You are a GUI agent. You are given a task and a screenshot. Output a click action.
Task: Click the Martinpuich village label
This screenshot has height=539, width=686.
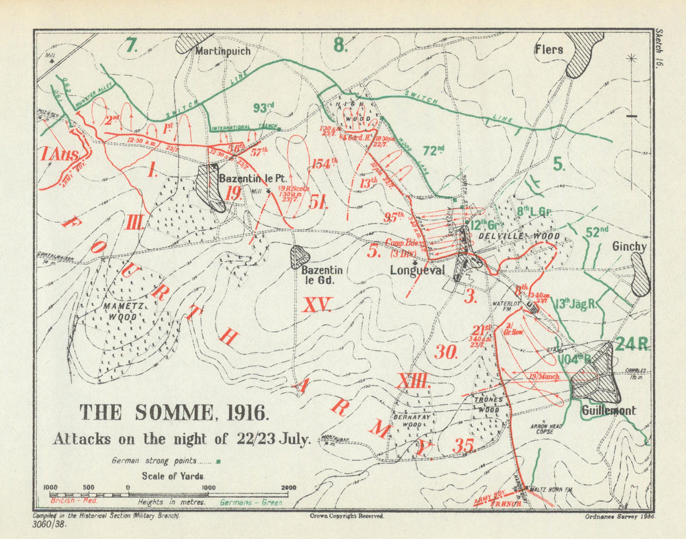tap(222, 51)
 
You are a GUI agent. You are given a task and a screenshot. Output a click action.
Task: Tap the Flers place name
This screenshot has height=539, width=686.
tap(549, 49)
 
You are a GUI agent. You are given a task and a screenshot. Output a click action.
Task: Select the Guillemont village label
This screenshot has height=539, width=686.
tap(608, 410)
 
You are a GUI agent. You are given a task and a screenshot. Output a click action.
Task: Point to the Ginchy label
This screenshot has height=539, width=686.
tap(629, 246)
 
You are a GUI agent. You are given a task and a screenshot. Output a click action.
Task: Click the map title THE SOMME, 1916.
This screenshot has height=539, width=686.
tap(174, 413)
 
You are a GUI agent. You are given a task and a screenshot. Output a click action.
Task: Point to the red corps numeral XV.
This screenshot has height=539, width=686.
tap(316, 305)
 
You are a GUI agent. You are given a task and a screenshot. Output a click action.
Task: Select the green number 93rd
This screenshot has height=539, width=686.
tap(263, 107)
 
